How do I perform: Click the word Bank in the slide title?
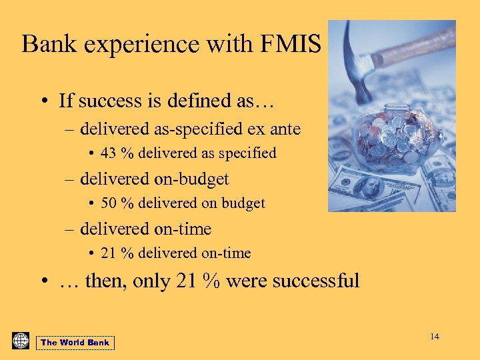click(x=49, y=44)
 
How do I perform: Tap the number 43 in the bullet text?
click(x=109, y=153)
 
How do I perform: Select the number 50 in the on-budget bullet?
click(x=109, y=203)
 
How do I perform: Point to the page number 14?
click(x=435, y=337)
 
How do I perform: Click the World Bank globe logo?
click(x=21, y=341)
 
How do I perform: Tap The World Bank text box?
click(x=75, y=343)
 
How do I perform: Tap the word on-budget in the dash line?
click(x=187, y=179)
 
